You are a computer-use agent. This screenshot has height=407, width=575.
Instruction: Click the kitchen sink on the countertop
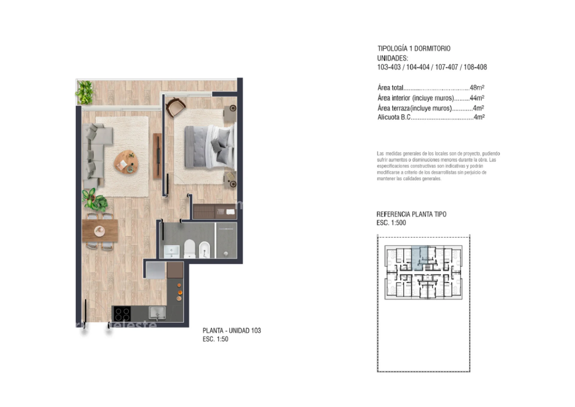(x=157, y=313)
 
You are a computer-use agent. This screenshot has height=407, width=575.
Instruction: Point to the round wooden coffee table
(x=127, y=163)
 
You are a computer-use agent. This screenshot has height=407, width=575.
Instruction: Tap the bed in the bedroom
(x=209, y=147)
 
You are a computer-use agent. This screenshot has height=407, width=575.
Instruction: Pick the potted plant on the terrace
(x=85, y=93)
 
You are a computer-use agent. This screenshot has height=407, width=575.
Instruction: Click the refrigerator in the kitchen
(x=155, y=270)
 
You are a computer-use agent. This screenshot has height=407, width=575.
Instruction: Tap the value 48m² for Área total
(x=477, y=88)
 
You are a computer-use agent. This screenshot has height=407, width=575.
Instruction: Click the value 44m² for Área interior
(x=477, y=98)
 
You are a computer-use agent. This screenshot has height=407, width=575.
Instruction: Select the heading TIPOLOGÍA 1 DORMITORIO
(x=414, y=48)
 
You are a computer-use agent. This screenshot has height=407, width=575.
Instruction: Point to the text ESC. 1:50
(x=215, y=339)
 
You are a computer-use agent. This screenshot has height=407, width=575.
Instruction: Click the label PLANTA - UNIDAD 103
(x=232, y=330)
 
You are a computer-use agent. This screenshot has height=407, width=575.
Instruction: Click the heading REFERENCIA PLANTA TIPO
(x=411, y=214)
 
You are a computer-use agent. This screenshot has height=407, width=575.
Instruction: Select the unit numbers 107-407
(x=447, y=67)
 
